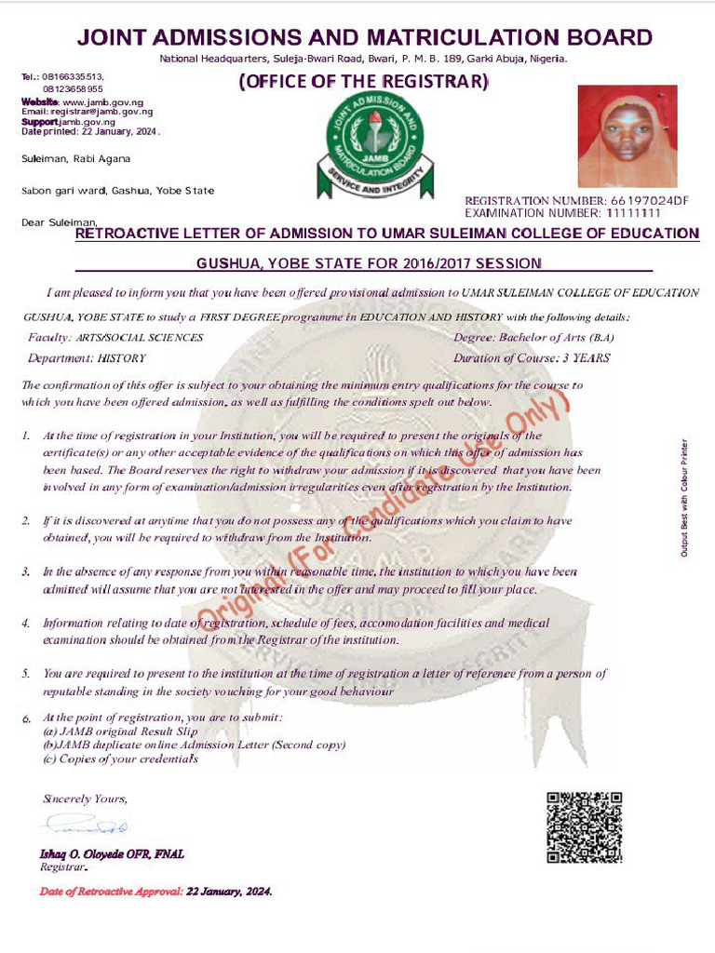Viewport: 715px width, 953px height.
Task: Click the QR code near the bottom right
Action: pyautogui.click(x=583, y=826)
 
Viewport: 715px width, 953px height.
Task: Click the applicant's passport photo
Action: pyautogui.click(x=627, y=136)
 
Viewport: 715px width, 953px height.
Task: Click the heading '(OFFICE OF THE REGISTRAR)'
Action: pyautogui.click(x=363, y=82)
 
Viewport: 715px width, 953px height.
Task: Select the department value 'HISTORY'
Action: pyautogui.click(x=121, y=358)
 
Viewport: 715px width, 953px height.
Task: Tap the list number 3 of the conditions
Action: pyautogui.click(x=26, y=572)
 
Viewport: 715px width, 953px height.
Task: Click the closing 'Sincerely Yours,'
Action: pyautogui.click(x=85, y=799)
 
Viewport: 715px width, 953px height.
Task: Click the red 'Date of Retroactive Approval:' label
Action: pyautogui.click(x=111, y=892)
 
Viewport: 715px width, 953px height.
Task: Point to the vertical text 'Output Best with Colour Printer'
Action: pyautogui.click(x=684, y=498)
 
